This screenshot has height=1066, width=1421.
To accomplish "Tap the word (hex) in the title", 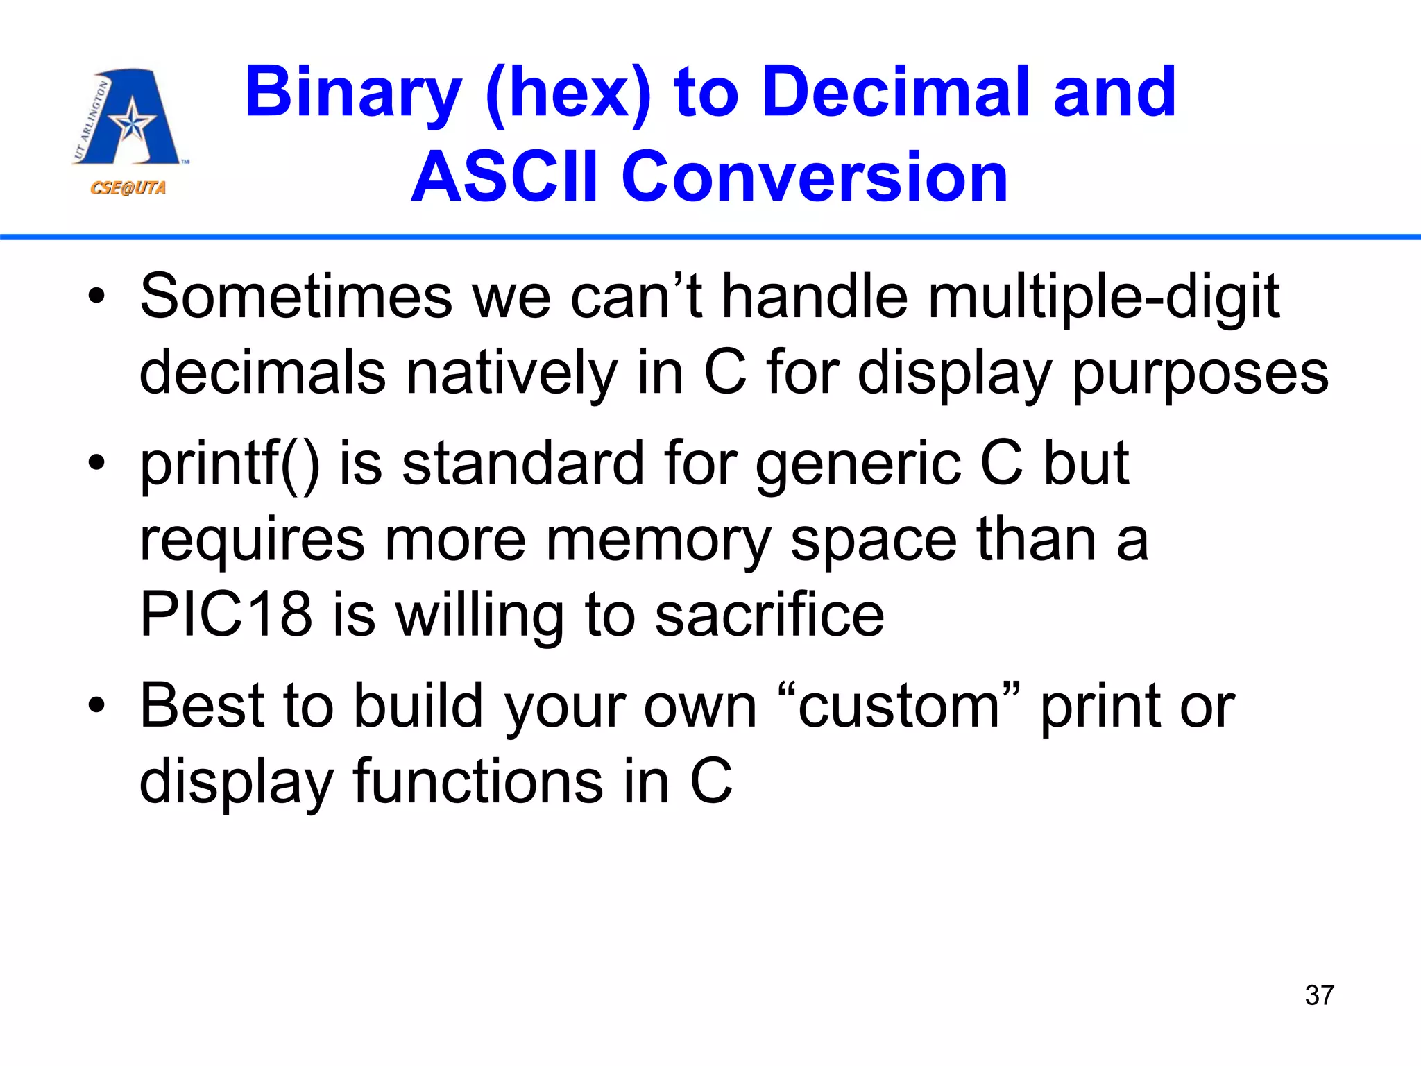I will click(568, 93).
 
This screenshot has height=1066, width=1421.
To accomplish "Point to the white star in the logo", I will click(131, 124).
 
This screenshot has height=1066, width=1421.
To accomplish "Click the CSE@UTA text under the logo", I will click(128, 188).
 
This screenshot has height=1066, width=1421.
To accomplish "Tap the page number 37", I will click(1319, 995).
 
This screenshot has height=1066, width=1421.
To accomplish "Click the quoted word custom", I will click(899, 707).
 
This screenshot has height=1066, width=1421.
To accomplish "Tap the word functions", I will click(479, 781).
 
